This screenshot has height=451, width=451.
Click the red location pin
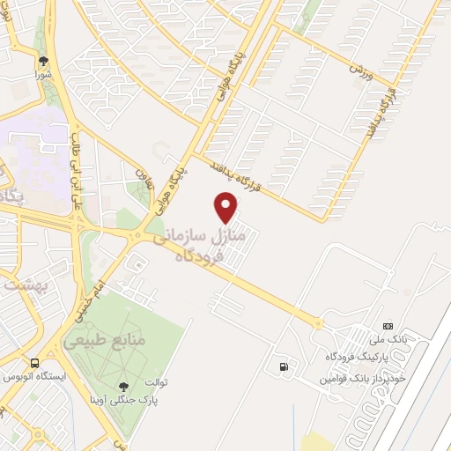[x=226, y=207]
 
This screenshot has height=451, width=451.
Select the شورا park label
[x=43, y=76]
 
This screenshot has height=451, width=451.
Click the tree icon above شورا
[x=43, y=61]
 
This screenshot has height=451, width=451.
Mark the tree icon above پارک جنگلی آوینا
[x=122, y=386]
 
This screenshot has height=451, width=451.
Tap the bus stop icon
[x=33, y=363]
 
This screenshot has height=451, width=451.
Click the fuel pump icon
[x=282, y=366]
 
